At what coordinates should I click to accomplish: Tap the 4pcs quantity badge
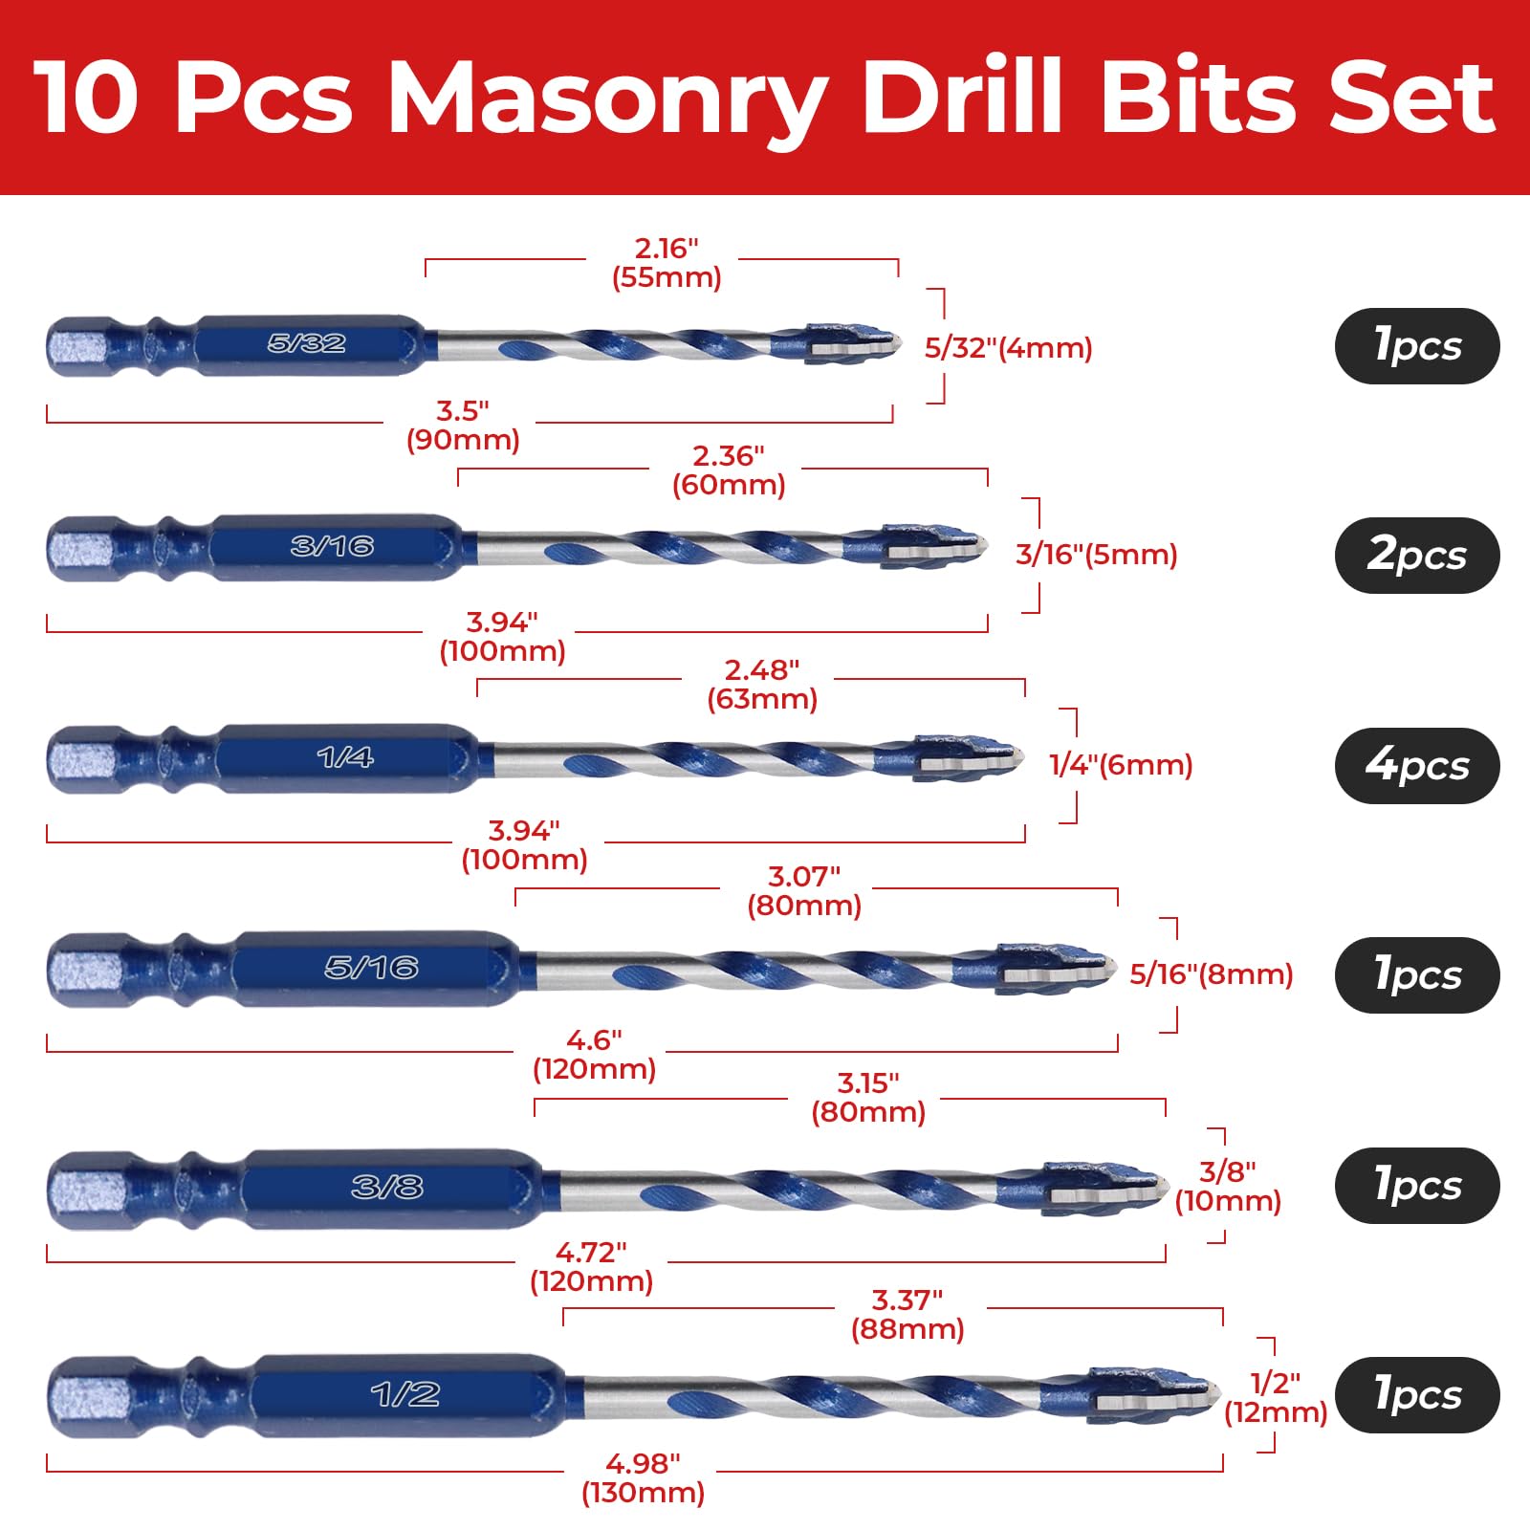(x=1417, y=765)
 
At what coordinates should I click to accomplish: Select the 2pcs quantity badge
(x=1417, y=556)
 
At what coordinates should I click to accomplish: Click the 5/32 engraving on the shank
(x=306, y=343)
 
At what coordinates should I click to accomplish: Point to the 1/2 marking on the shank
(x=405, y=1394)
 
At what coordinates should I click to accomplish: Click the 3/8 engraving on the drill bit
(x=386, y=1187)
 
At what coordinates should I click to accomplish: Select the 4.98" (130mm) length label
(x=643, y=1477)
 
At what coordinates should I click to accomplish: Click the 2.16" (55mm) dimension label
(x=667, y=263)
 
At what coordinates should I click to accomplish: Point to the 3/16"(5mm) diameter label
(x=1097, y=555)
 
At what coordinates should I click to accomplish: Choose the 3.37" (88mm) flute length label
(x=907, y=1315)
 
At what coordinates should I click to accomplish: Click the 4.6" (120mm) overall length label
(x=594, y=1054)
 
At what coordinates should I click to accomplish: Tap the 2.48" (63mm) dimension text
(x=762, y=684)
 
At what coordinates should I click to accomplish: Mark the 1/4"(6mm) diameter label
(x=1121, y=765)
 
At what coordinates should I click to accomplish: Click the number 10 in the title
(x=87, y=97)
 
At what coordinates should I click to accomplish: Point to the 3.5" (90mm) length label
(x=463, y=425)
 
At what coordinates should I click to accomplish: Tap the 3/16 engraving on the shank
(x=332, y=546)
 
